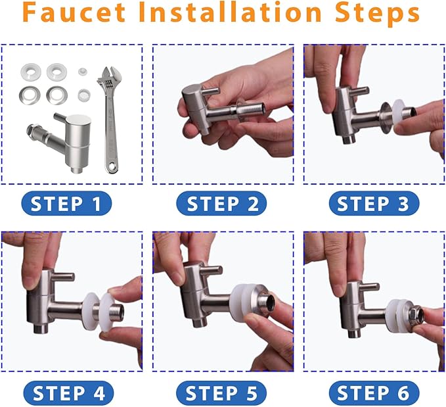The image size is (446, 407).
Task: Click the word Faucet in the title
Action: point(74,12)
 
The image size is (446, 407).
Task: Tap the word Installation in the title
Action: point(230,12)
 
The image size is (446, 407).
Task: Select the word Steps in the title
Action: point(378,15)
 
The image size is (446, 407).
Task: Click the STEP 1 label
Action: point(66,204)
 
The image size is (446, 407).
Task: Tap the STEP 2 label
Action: point(221,204)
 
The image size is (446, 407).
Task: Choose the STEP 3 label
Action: point(374,204)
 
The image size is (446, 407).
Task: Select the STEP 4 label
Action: point(68,393)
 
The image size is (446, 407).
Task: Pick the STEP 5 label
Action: point(221,393)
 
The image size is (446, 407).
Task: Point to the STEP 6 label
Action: point(374,393)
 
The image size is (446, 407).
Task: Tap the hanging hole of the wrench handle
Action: point(112,166)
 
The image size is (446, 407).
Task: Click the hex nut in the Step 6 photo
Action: point(415,316)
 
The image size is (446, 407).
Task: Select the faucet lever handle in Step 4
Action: point(63,276)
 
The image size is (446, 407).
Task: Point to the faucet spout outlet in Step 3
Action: point(349,139)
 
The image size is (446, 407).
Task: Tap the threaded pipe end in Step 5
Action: point(268,302)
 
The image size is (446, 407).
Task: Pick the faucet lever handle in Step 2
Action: point(210,91)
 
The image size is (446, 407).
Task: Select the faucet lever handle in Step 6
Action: point(368,287)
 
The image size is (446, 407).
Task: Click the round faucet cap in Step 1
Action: point(78,122)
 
